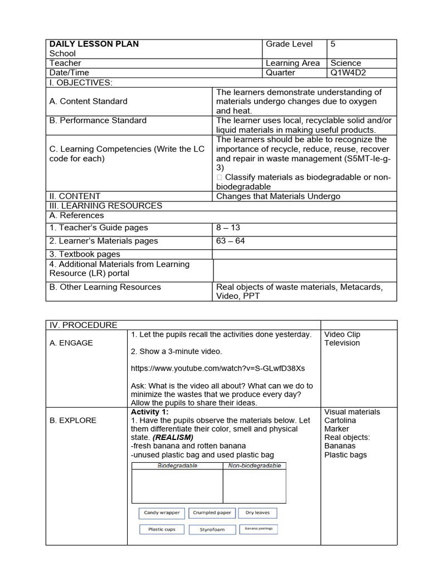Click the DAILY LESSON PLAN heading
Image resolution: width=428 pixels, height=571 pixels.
(x=94, y=44)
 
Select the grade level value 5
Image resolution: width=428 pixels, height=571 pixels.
(x=333, y=44)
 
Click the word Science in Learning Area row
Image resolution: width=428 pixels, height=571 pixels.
(x=346, y=63)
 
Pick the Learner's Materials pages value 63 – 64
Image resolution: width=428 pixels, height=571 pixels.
(x=230, y=241)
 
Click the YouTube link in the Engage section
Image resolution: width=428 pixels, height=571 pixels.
(x=217, y=369)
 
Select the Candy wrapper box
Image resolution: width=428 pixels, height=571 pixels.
(x=162, y=513)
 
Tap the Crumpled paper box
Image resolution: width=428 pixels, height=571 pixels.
(x=212, y=513)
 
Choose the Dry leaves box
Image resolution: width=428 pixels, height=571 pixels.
(x=257, y=513)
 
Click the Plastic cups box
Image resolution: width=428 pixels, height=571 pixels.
(x=162, y=529)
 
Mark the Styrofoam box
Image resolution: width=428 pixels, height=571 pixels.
(x=212, y=529)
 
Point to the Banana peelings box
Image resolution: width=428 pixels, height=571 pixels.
(x=258, y=529)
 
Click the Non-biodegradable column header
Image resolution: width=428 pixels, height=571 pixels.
(x=255, y=466)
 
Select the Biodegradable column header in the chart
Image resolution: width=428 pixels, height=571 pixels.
(x=177, y=466)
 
